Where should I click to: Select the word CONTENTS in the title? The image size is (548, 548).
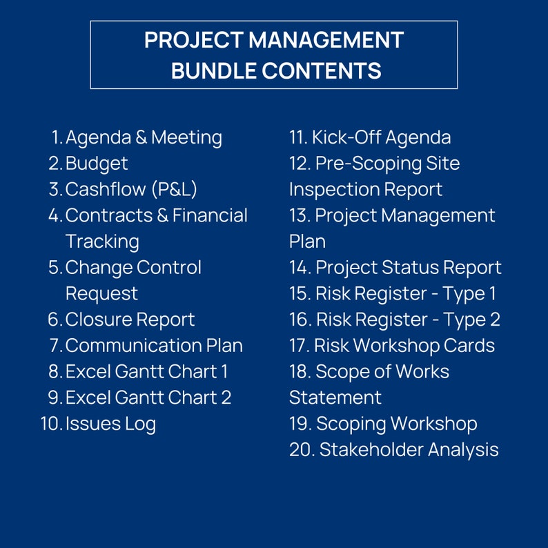pos(326,70)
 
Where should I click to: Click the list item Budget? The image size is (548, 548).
pos(97,164)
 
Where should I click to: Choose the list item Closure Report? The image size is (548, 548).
pos(130,320)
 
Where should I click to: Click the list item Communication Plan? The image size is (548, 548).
pos(154,345)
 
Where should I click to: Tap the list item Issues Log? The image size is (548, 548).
pos(110,423)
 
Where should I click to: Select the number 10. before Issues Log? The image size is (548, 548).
pos(52,423)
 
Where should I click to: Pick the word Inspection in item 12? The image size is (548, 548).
pos(328,189)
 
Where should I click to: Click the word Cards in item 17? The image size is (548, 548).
pos(469,345)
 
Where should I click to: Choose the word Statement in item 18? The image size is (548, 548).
pos(335,398)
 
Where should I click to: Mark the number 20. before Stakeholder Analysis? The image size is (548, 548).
pos(301,450)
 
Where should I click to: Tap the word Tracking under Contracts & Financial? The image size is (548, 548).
pos(102,242)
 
